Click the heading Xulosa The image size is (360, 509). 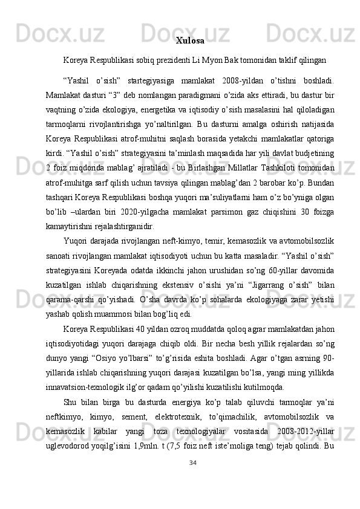coord(189,41)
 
